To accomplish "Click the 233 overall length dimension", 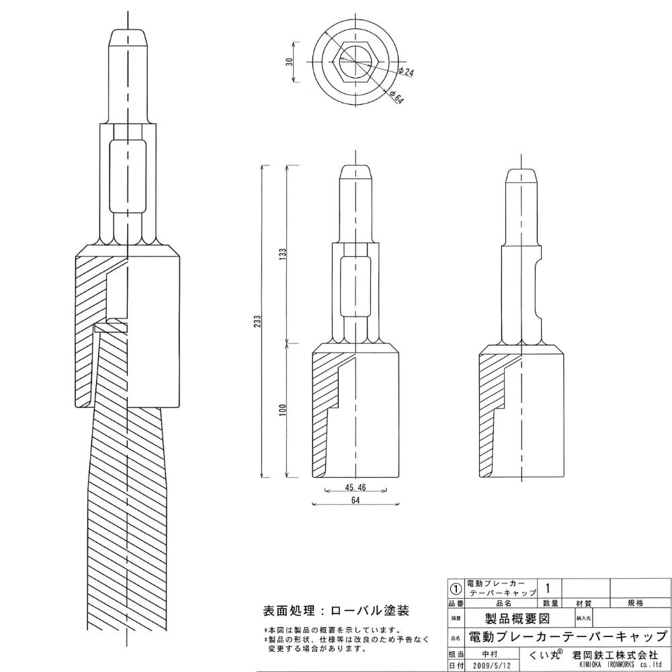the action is (257, 321).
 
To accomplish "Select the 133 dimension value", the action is (282, 254).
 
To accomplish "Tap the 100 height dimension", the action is (282, 410).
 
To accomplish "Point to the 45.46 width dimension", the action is (355, 487).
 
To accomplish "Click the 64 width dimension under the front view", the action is (355, 500).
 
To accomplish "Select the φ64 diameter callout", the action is (397, 97).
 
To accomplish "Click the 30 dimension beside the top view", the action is (290, 62).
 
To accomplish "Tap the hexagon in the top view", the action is (355, 62).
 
